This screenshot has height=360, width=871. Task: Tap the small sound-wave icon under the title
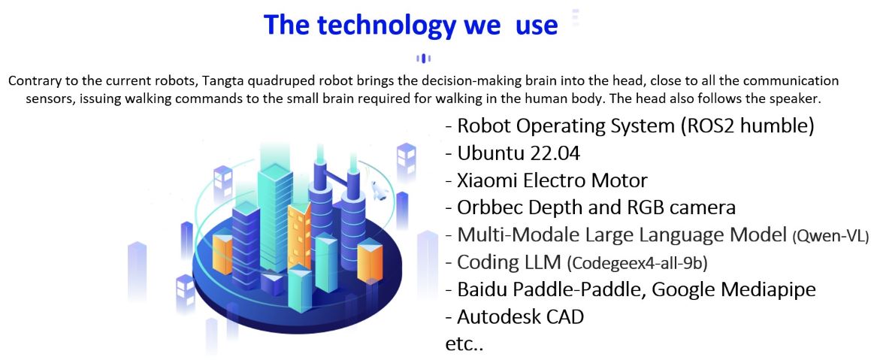[x=423, y=59]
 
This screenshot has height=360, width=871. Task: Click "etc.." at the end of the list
[x=465, y=344]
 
